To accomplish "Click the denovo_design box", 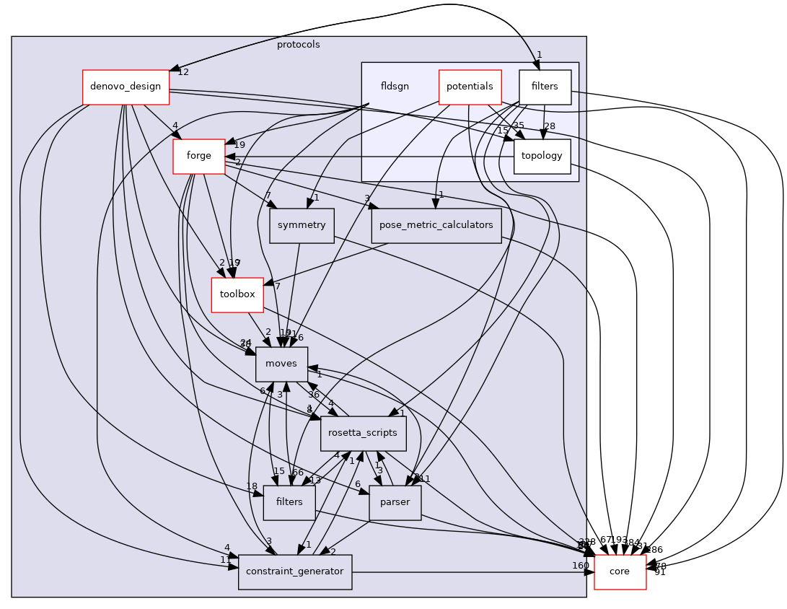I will [126, 87].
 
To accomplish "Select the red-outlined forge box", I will [198, 156].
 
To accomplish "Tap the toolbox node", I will [237, 294].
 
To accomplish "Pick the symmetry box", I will [302, 225].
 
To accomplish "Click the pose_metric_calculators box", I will [436, 225].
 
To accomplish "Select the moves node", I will [281, 364].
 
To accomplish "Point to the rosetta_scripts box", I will [363, 433].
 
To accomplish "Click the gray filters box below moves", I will [289, 502].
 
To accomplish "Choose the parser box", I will [395, 502].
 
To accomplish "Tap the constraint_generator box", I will [295, 571].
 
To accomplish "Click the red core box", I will [620, 571].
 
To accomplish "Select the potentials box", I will [470, 87].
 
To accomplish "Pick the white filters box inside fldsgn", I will [545, 87].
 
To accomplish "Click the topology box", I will [542, 156].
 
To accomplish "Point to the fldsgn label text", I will [395, 87].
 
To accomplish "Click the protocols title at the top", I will [298, 45].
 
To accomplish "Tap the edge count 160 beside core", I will [581, 565].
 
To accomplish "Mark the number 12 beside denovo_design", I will [183, 72].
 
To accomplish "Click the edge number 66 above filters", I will [297, 472].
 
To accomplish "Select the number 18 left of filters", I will [252, 486].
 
